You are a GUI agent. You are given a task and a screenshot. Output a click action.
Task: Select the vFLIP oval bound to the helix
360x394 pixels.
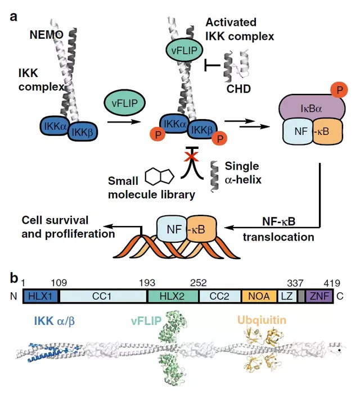click(183, 50)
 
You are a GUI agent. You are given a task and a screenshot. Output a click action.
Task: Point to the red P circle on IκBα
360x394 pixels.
click(337, 89)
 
